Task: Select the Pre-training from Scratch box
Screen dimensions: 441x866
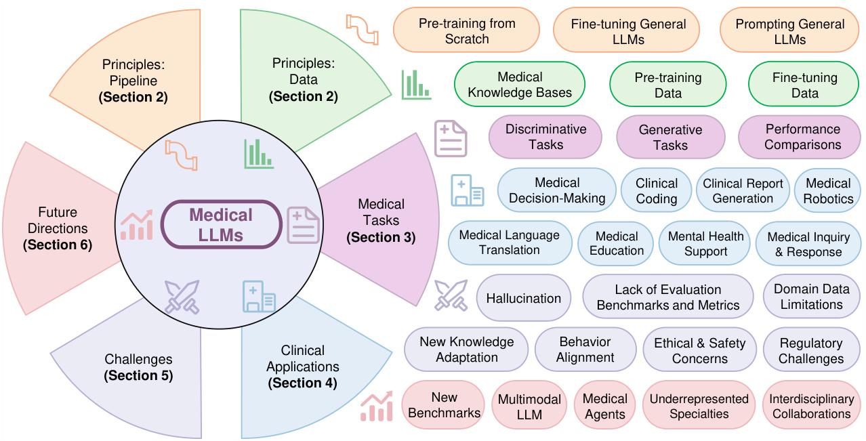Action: [x=466, y=30]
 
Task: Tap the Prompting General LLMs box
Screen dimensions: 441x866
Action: [x=789, y=31]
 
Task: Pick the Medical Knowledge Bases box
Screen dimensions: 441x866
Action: [x=520, y=85]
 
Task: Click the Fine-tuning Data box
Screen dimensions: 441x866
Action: [x=804, y=85]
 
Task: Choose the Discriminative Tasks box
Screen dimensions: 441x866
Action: [x=545, y=136]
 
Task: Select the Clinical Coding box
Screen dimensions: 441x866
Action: [x=656, y=190]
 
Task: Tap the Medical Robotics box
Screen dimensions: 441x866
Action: [x=827, y=190]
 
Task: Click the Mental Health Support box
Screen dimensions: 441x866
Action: [x=705, y=243]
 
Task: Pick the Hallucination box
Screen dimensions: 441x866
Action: [x=523, y=297]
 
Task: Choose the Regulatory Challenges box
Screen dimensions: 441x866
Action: [x=810, y=350]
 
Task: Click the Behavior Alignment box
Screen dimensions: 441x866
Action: [x=585, y=350]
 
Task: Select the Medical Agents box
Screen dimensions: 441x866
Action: [x=604, y=405]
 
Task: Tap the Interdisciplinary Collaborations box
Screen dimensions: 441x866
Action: [x=810, y=405]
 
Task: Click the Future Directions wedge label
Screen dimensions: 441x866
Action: [x=58, y=221]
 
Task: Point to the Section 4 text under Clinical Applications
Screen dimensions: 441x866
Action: [x=303, y=383]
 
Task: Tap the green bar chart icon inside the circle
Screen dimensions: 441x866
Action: [x=259, y=154]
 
